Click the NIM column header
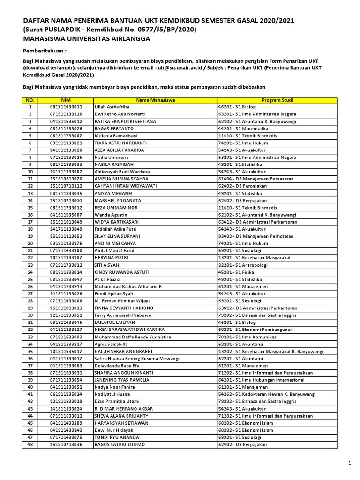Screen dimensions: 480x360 point(66,100)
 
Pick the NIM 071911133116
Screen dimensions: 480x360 point(66,114)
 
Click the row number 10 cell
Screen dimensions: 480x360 point(30,172)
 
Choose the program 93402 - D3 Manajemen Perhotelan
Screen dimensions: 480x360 point(249,236)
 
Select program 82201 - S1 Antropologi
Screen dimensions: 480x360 point(241,265)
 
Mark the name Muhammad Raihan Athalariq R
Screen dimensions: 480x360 point(127,286)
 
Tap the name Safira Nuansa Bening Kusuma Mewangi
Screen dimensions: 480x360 point(137,358)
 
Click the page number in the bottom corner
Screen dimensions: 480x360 point(349,463)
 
